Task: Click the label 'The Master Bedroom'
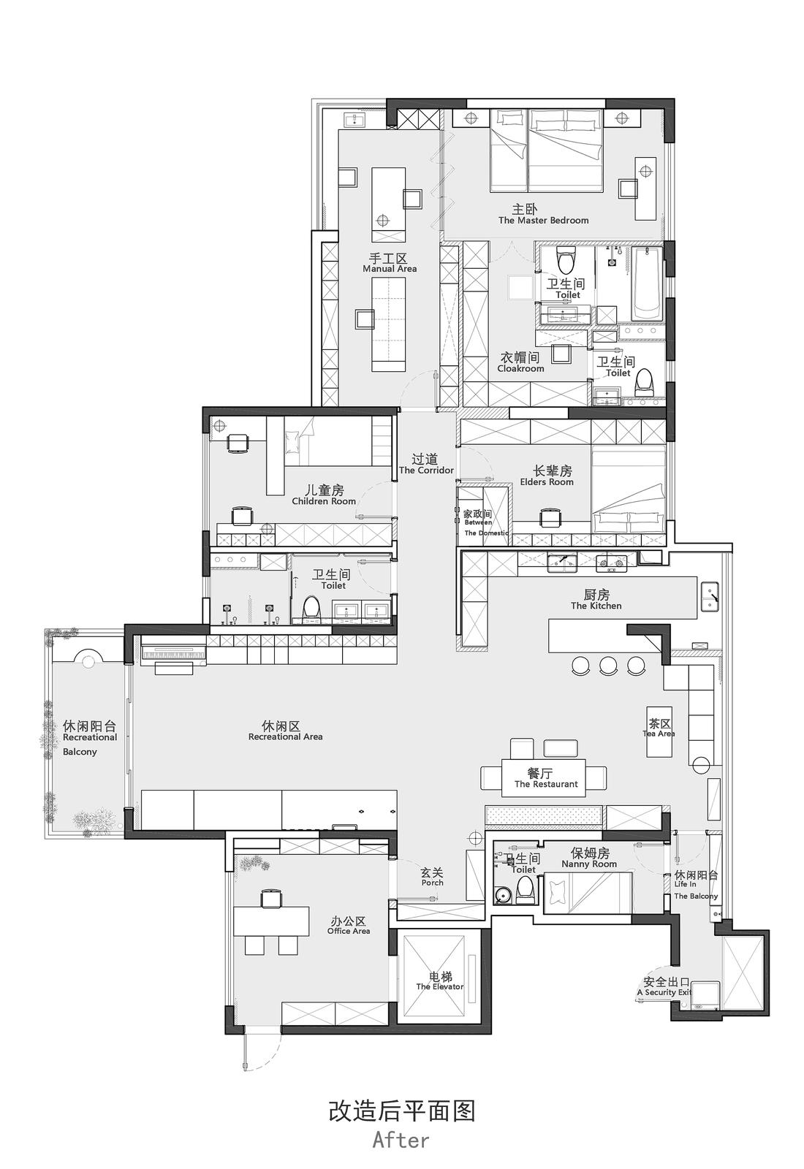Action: [543, 220]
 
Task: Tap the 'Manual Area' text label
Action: [390, 269]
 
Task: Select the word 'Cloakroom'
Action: [520, 369]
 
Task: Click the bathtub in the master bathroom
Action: [647, 283]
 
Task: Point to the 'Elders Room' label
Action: [547, 482]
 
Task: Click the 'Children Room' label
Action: [324, 501]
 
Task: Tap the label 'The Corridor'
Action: [426, 471]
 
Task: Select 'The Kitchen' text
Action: [596, 606]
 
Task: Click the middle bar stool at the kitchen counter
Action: [608, 665]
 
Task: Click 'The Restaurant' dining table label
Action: [545, 784]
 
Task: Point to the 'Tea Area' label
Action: [659, 734]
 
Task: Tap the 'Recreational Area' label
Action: [285, 737]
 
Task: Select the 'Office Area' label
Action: [349, 932]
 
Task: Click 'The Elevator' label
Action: [440, 986]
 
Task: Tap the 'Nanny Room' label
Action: [589, 864]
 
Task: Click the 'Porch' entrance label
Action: [432, 883]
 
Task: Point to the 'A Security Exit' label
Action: [664, 993]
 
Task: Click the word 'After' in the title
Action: [401, 1140]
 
